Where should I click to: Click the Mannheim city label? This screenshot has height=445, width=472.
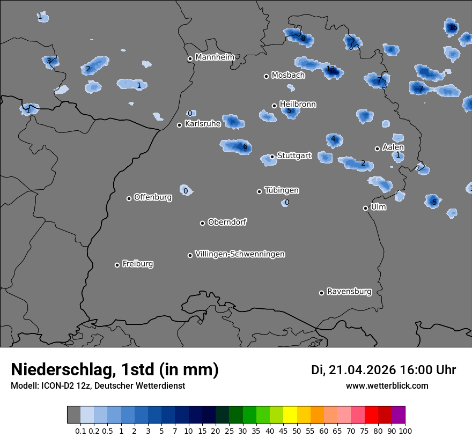point(215,57)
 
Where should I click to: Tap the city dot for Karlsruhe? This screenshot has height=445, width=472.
point(180,125)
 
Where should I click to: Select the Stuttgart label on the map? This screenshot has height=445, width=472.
point(294,155)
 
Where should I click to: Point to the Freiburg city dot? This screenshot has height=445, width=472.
point(117,265)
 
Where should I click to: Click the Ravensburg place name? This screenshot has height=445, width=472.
point(349,292)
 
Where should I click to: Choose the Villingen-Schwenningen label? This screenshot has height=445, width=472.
point(240,254)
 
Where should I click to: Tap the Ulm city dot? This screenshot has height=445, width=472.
point(365,208)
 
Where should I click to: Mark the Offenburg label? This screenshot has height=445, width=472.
point(153,197)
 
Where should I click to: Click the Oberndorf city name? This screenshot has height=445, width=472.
point(227,222)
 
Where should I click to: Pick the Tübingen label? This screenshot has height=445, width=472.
point(282,190)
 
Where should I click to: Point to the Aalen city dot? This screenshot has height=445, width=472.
point(377,149)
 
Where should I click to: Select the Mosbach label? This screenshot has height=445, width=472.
point(288,75)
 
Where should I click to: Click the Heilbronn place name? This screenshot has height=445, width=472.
point(298,104)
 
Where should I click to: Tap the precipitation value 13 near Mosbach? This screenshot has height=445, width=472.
point(330,69)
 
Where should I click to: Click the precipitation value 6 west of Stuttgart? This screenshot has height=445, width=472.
point(245,146)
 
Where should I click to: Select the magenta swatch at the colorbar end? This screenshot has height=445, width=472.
point(398,414)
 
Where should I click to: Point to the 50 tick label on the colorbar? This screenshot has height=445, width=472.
point(290,431)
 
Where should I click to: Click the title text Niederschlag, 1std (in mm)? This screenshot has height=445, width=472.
point(115,369)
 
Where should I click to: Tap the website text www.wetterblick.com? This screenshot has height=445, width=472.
point(387,385)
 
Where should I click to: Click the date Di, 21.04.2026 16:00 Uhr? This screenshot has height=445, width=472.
point(383,370)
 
